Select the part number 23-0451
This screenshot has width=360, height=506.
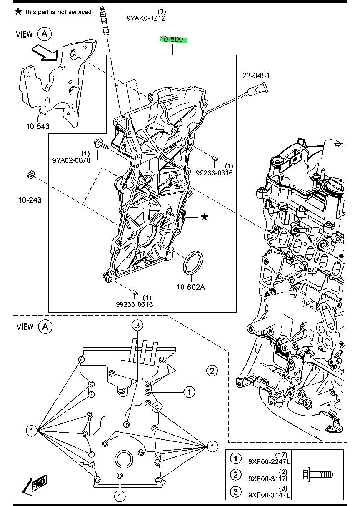[x=256, y=76]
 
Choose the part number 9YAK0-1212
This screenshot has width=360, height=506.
[x=146, y=18]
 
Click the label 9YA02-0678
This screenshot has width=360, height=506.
[x=71, y=160]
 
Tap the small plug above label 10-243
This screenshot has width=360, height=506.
[x=30, y=174]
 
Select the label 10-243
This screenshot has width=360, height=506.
[x=30, y=200]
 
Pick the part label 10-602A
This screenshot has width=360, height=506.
[x=191, y=287]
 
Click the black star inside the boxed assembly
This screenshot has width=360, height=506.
[x=204, y=217]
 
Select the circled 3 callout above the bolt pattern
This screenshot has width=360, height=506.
[x=137, y=326]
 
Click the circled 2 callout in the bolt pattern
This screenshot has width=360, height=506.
[x=212, y=371]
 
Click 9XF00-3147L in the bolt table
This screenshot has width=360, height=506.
[x=269, y=495]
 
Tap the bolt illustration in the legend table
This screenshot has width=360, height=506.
[x=318, y=475]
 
